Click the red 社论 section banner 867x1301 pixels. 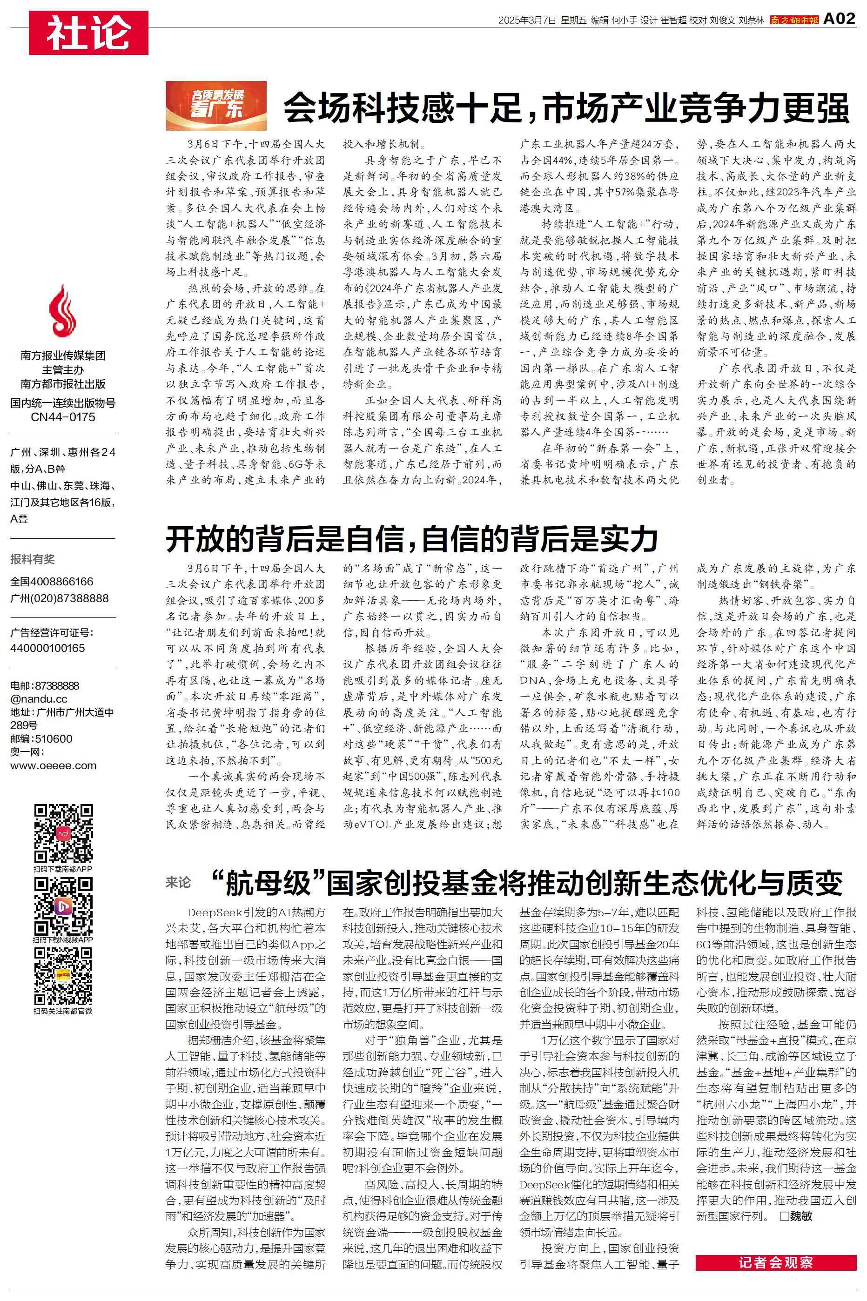[88, 33]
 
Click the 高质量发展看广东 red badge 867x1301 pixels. [216, 105]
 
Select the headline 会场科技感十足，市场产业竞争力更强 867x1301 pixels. [565, 108]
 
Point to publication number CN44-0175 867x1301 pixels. [62, 417]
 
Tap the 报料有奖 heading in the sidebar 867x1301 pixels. [33, 559]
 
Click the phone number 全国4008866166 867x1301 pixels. [52, 582]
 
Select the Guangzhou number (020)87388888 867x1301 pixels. [59, 598]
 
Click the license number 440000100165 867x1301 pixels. [47, 648]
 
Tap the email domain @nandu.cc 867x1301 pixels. [39, 698]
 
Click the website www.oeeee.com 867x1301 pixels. [53, 765]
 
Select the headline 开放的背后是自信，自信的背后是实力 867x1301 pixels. [412, 539]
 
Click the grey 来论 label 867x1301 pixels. [178, 883]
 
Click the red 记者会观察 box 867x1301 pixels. [775, 1263]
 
